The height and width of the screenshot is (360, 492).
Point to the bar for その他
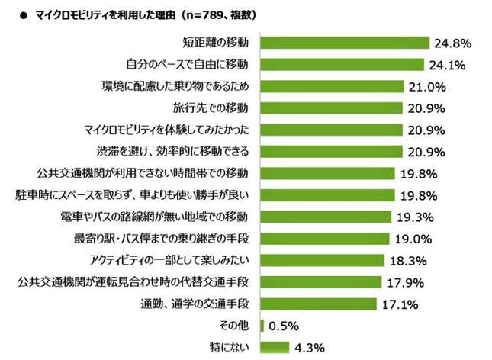262,326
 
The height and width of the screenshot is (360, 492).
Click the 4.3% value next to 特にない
310,348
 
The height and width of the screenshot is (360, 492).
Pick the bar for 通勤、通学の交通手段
319,304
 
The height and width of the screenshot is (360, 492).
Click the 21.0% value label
427,86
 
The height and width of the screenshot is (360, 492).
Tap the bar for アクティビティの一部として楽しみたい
323,260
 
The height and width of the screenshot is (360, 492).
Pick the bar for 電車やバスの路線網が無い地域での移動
326,217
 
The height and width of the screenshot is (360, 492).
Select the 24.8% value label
452,43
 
